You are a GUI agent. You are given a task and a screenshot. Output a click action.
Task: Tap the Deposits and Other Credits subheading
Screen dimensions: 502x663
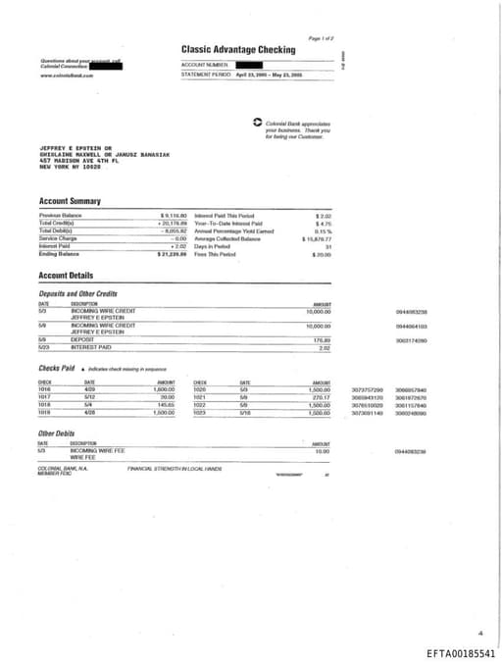click(x=77, y=293)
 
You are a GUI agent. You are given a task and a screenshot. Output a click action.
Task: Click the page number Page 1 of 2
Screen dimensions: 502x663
click(x=322, y=36)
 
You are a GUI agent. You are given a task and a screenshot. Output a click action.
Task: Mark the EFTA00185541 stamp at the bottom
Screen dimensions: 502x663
click(x=461, y=652)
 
